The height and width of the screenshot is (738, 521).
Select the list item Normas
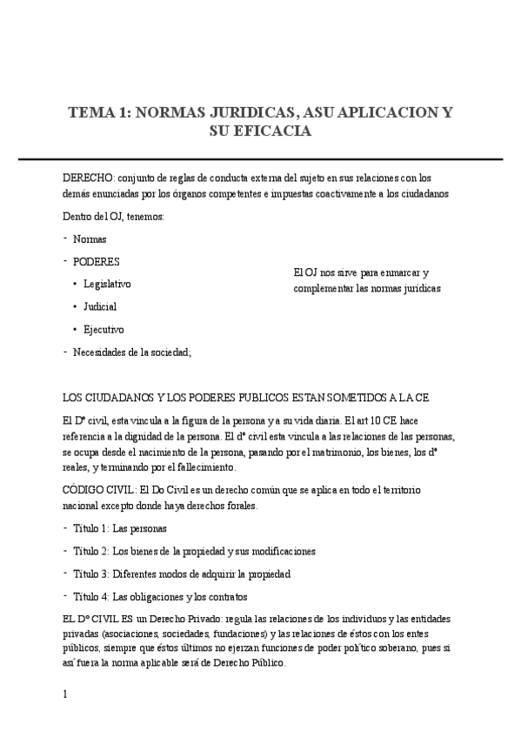(90, 238)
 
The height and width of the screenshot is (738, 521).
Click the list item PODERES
(96, 261)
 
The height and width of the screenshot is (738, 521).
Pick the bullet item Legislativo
(107, 284)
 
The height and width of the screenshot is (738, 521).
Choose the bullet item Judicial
(100, 306)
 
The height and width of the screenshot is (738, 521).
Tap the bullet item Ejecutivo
(104, 329)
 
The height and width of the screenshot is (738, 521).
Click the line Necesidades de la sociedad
(131, 352)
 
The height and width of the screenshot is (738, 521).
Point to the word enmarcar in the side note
(397, 272)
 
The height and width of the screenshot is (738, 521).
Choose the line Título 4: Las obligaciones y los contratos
(160, 596)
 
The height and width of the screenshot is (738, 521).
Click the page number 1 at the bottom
(65, 694)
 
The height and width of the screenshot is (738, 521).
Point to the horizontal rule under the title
(260, 159)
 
